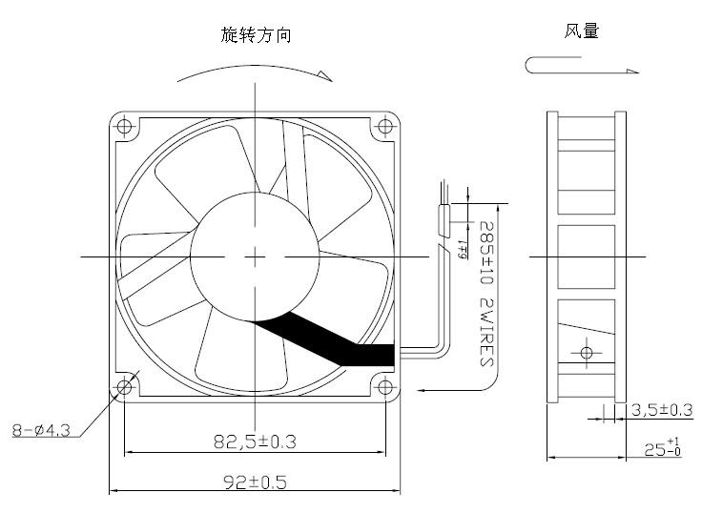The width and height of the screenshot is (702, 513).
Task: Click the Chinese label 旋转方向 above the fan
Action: click(256, 35)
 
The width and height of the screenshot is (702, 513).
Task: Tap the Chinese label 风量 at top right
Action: click(581, 31)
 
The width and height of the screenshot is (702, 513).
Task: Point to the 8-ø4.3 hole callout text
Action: click(42, 430)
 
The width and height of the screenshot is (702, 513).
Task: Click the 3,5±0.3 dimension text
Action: click(662, 411)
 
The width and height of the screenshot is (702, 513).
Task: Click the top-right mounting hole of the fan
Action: click(385, 125)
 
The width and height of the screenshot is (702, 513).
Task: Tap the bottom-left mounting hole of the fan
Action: click(125, 386)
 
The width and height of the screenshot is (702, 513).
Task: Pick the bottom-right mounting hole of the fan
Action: click(385, 386)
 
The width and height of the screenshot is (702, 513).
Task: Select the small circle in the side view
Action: click(586, 353)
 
